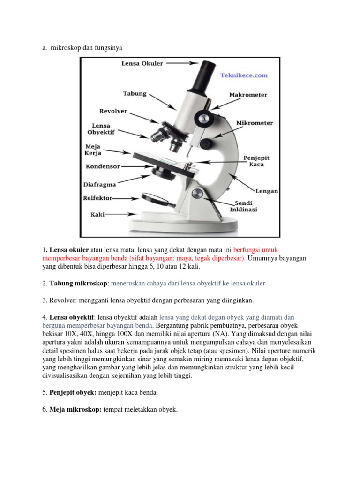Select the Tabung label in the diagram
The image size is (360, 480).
click(135, 93)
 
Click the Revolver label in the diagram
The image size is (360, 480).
click(113, 111)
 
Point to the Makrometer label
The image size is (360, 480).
click(248, 95)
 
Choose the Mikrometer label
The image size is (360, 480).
click(254, 123)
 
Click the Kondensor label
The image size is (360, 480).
click(103, 166)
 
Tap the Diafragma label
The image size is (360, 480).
click(100, 185)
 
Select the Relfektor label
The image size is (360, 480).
click(98, 198)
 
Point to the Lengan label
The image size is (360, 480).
click(267, 191)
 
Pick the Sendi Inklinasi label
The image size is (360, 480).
click(243, 207)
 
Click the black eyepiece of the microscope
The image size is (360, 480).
click(203, 75)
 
